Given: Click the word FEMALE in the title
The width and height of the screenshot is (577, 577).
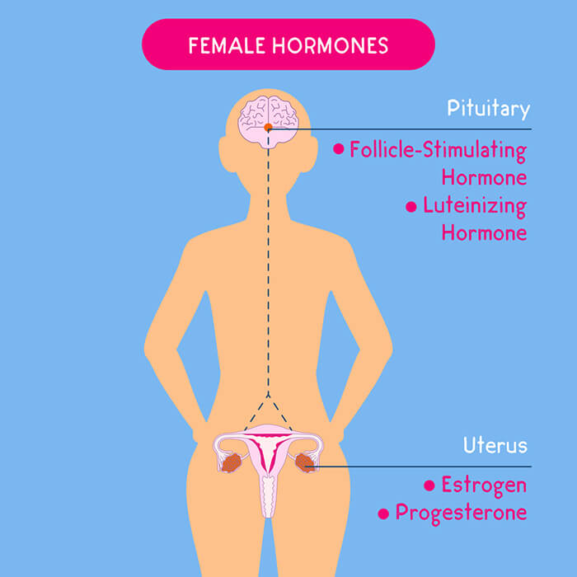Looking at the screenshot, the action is (x=227, y=45).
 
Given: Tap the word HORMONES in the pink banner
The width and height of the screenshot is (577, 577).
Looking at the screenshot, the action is (x=330, y=45).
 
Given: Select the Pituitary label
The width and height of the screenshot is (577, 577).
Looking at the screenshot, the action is (x=489, y=109).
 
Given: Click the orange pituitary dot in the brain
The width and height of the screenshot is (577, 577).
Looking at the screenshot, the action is (x=268, y=127).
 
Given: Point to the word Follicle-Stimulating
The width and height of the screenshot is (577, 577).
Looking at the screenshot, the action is (x=439, y=151).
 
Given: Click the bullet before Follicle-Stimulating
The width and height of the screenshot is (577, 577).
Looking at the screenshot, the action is (x=339, y=149).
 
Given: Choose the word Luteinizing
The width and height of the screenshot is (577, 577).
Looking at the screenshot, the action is (x=475, y=206).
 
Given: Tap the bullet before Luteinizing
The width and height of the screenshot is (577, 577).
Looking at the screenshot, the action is (x=411, y=207).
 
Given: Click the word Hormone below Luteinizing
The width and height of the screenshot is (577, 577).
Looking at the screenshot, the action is (x=485, y=232).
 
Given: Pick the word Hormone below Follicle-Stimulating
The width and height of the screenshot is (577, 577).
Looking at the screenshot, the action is (x=485, y=177).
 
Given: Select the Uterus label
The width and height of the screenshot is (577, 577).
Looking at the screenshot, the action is (x=495, y=445).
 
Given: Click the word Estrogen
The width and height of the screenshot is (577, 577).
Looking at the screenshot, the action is (x=484, y=486).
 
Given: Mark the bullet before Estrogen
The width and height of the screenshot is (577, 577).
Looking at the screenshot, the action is (x=429, y=486).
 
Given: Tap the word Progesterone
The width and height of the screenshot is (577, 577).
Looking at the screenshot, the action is (x=461, y=513).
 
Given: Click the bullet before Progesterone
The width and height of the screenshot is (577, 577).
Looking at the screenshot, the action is (x=383, y=514).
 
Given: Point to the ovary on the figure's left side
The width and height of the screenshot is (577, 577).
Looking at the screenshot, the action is (x=232, y=462).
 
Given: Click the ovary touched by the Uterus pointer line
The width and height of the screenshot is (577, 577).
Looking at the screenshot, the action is (x=305, y=462).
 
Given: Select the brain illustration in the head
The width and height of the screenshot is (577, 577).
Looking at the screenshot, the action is (x=268, y=122).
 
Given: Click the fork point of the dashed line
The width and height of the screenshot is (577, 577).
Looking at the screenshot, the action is (x=268, y=396).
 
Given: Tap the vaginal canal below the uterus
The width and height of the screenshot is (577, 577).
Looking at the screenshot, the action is (x=268, y=496).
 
